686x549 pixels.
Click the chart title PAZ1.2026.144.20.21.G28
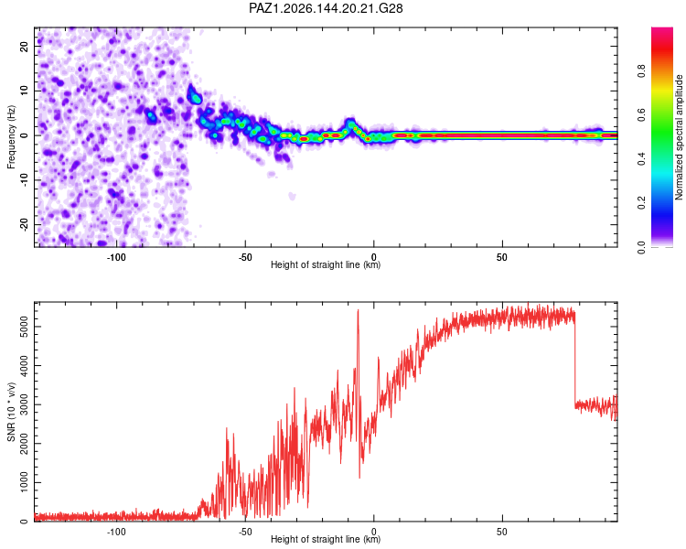tap(326, 8)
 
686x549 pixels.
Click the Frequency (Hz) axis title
tap(11, 137)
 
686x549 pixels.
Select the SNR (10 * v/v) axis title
tap(11, 412)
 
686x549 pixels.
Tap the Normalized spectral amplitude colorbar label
tap(679, 137)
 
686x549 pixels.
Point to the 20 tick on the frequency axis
tap(25, 46)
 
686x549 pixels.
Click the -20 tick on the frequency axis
tap(25, 224)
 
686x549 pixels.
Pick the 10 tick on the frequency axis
tap(25, 91)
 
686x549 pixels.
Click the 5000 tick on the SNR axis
tap(25, 327)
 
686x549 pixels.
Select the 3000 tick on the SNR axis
tap(25, 404)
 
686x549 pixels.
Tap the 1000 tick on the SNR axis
tap(25, 482)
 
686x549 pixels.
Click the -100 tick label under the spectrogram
tap(116, 257)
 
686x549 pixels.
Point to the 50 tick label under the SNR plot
tap(502, 532)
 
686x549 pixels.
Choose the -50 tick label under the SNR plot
tap(245, 532)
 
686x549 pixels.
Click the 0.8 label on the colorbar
tap(641, 70)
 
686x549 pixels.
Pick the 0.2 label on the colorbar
tap(641, 203)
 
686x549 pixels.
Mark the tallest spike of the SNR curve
tap(359, 310)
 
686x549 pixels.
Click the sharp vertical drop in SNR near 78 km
tap(575, 359)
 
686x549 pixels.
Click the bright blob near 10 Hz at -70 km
tap(194, 94)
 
